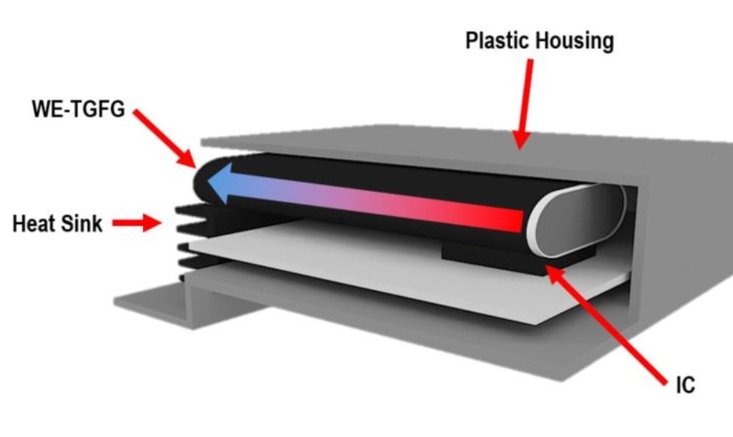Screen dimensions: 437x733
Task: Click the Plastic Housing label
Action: [x=539, y=41]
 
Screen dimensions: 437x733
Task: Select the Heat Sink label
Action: [x=58, y=223]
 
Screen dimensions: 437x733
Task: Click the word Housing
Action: [x=574, y=41]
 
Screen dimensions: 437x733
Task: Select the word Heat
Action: [x=34, y=223]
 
